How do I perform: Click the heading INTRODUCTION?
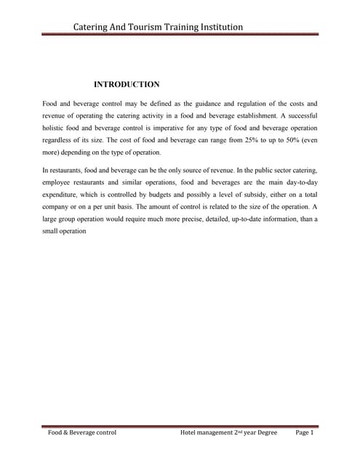click(x=127, y=85)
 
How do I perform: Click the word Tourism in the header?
click(x=153, y=28)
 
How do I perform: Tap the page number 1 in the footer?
click(x=311, y=434)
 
